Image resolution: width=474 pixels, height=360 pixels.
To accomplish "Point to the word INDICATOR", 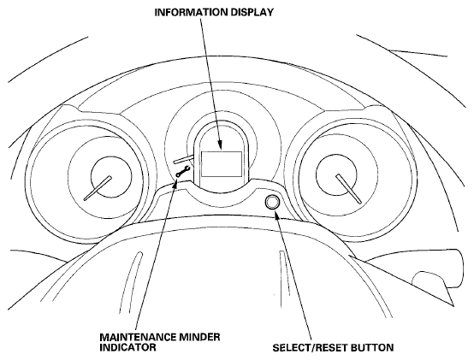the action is [127, 347].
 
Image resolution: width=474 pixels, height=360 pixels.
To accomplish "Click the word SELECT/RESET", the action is [311, 348].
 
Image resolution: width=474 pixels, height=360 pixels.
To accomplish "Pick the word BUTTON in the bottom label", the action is [372, 348].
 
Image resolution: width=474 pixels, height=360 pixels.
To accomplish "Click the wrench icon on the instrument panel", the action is [183, 172].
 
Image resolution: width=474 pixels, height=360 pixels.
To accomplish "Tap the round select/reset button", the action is [272, 202].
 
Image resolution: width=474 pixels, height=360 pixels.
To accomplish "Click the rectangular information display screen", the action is [222, 164].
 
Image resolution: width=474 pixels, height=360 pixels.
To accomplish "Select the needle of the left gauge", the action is [98, 188].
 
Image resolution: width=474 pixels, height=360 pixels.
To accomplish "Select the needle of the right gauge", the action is [348, 188].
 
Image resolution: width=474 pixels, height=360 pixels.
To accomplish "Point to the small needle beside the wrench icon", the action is [183, 159].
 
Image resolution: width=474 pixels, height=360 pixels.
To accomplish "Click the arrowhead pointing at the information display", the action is [221, 145].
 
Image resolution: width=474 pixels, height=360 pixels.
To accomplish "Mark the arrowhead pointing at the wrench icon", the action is [175, 183].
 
